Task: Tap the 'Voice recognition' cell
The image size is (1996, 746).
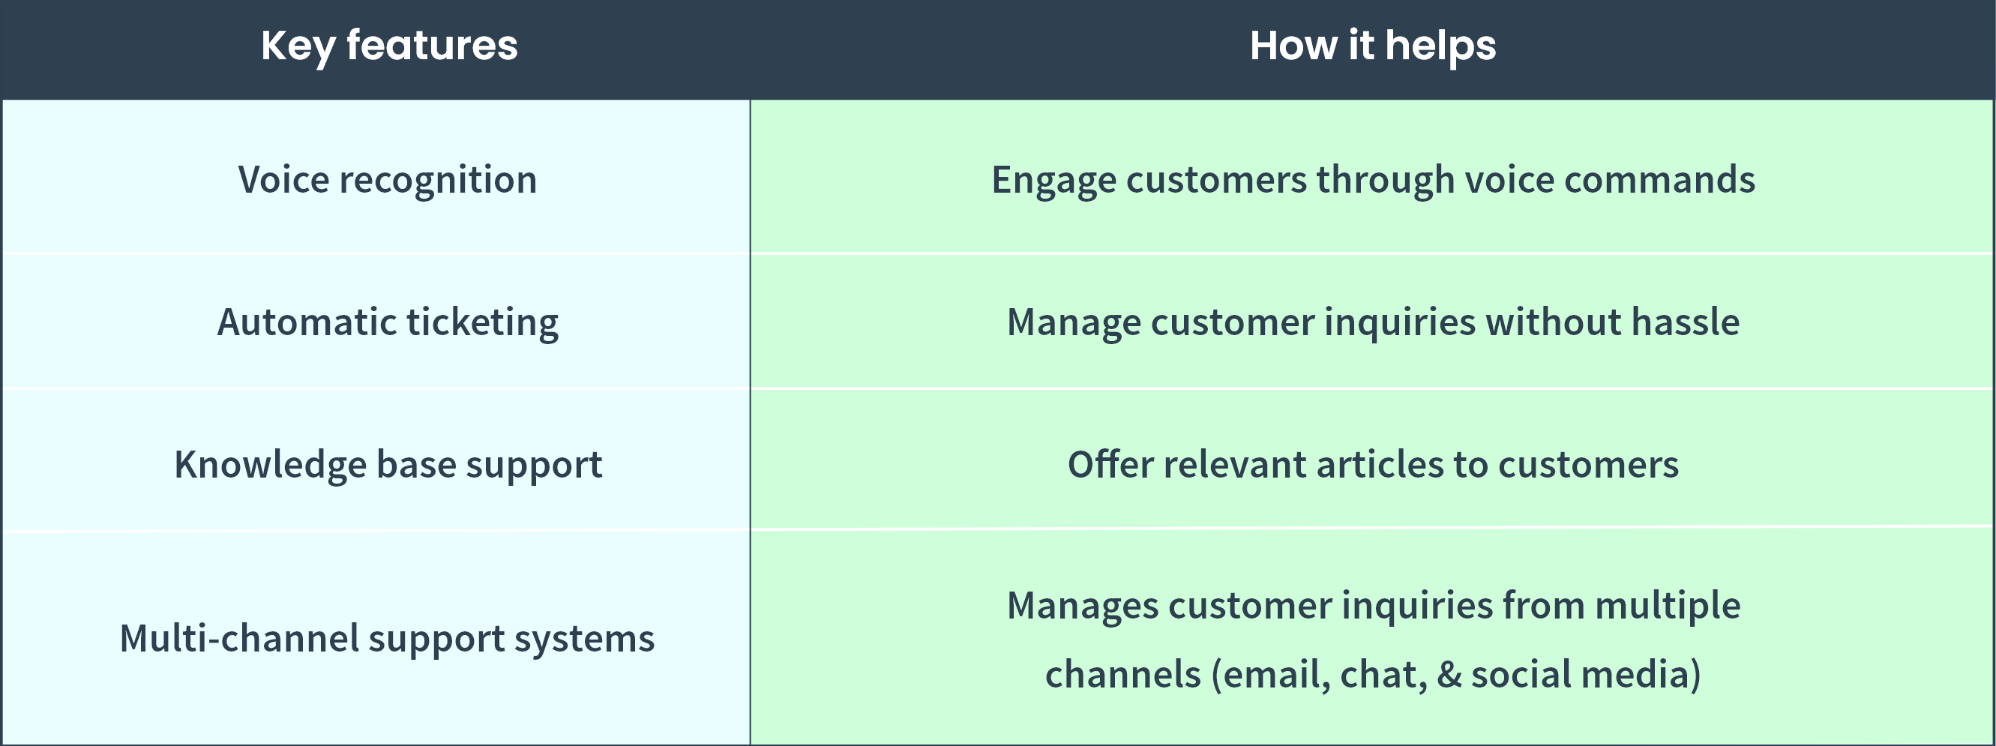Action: point(388,180)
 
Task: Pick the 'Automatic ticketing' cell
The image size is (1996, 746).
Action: point(388,322)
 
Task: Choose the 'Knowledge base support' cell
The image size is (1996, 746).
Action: point(388,465)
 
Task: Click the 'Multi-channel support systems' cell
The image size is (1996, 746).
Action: point(387,638)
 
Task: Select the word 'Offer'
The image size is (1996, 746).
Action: point(1110,465)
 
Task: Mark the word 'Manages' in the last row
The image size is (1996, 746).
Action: point(1083,606)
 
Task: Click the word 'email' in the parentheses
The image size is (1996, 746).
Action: point(1276,674)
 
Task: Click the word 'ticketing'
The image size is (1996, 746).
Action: point(482,322)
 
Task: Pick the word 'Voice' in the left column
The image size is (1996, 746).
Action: point(283,180)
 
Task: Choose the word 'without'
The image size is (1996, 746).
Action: point(1554,322)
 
